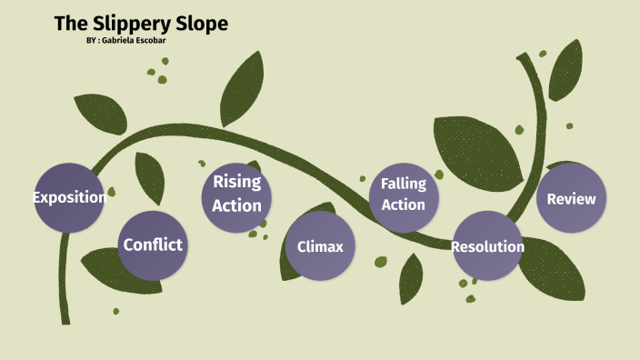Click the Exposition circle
click(69, 197)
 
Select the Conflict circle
click(153, 245)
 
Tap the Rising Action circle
click(236, 194)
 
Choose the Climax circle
click(320, 245)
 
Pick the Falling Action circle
click(403, 195)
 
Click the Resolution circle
click(487, 245)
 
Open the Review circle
click(571, 198)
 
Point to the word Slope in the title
click(202, 24)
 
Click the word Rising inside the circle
click(236, 182)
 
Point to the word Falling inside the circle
click(403, 184)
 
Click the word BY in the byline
click(91, 42)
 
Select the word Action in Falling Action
click(403, 205)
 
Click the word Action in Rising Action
click(236, 205)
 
